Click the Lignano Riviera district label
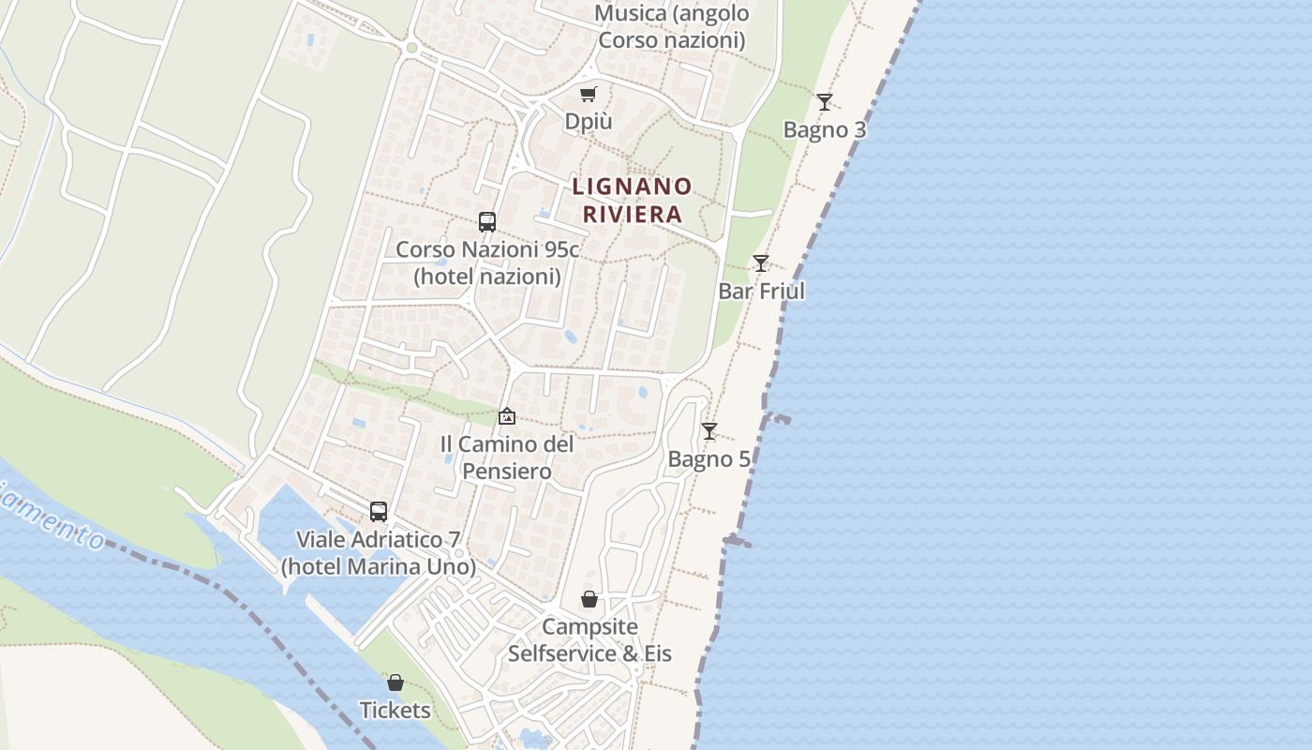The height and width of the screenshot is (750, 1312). (x=632, y=200)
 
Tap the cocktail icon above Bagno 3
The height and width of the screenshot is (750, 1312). (x=824, y=102)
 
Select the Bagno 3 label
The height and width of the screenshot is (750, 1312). (x=825, y=130)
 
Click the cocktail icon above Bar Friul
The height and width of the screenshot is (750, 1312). (x=761, y=263)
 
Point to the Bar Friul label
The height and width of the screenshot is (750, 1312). (x=761, y=292)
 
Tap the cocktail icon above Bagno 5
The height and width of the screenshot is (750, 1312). (x=709, y=431)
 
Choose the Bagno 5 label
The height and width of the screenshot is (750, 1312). (x=709, y=459)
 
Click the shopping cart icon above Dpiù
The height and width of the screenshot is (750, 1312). (x=588, y=94)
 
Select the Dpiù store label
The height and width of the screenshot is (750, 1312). (x=588, y=122)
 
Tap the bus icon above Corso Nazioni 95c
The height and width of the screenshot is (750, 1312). (x=487, y=222)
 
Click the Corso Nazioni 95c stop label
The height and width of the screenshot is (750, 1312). (x=487, y=263)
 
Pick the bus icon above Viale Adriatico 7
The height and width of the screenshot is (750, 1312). (x=379, y=512)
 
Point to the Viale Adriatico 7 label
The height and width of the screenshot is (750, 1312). (x=379, y=553)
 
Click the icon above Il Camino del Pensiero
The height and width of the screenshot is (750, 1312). (x=507, y=415)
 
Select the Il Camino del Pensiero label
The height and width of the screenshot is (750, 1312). (x=507, y=457)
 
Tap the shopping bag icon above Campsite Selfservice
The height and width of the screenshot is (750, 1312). (x=589, y=599)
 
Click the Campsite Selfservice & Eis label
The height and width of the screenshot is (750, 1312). (x=589, y=640)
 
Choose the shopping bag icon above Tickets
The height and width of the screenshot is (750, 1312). (x=395, y=682)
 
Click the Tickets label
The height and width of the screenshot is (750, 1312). (x=395, y=711)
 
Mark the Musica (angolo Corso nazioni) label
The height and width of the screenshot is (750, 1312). (x=672, y=27)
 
